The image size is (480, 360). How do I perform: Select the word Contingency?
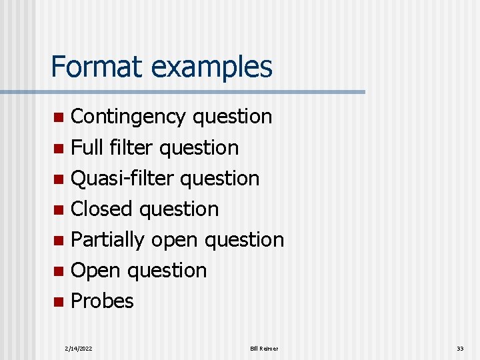(x=129, y=117)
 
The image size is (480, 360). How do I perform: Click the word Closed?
(x=103, y=209)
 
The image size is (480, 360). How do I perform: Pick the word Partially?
(x=107, y=240)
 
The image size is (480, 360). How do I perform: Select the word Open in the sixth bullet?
(x=95, y=271)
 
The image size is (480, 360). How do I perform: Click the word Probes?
(x=102, y=301)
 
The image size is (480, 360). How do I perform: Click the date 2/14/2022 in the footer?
(x=79, y=349)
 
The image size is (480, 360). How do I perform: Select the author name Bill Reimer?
(x=264, y=349)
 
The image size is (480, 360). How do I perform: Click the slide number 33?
(x=460, y=349)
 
